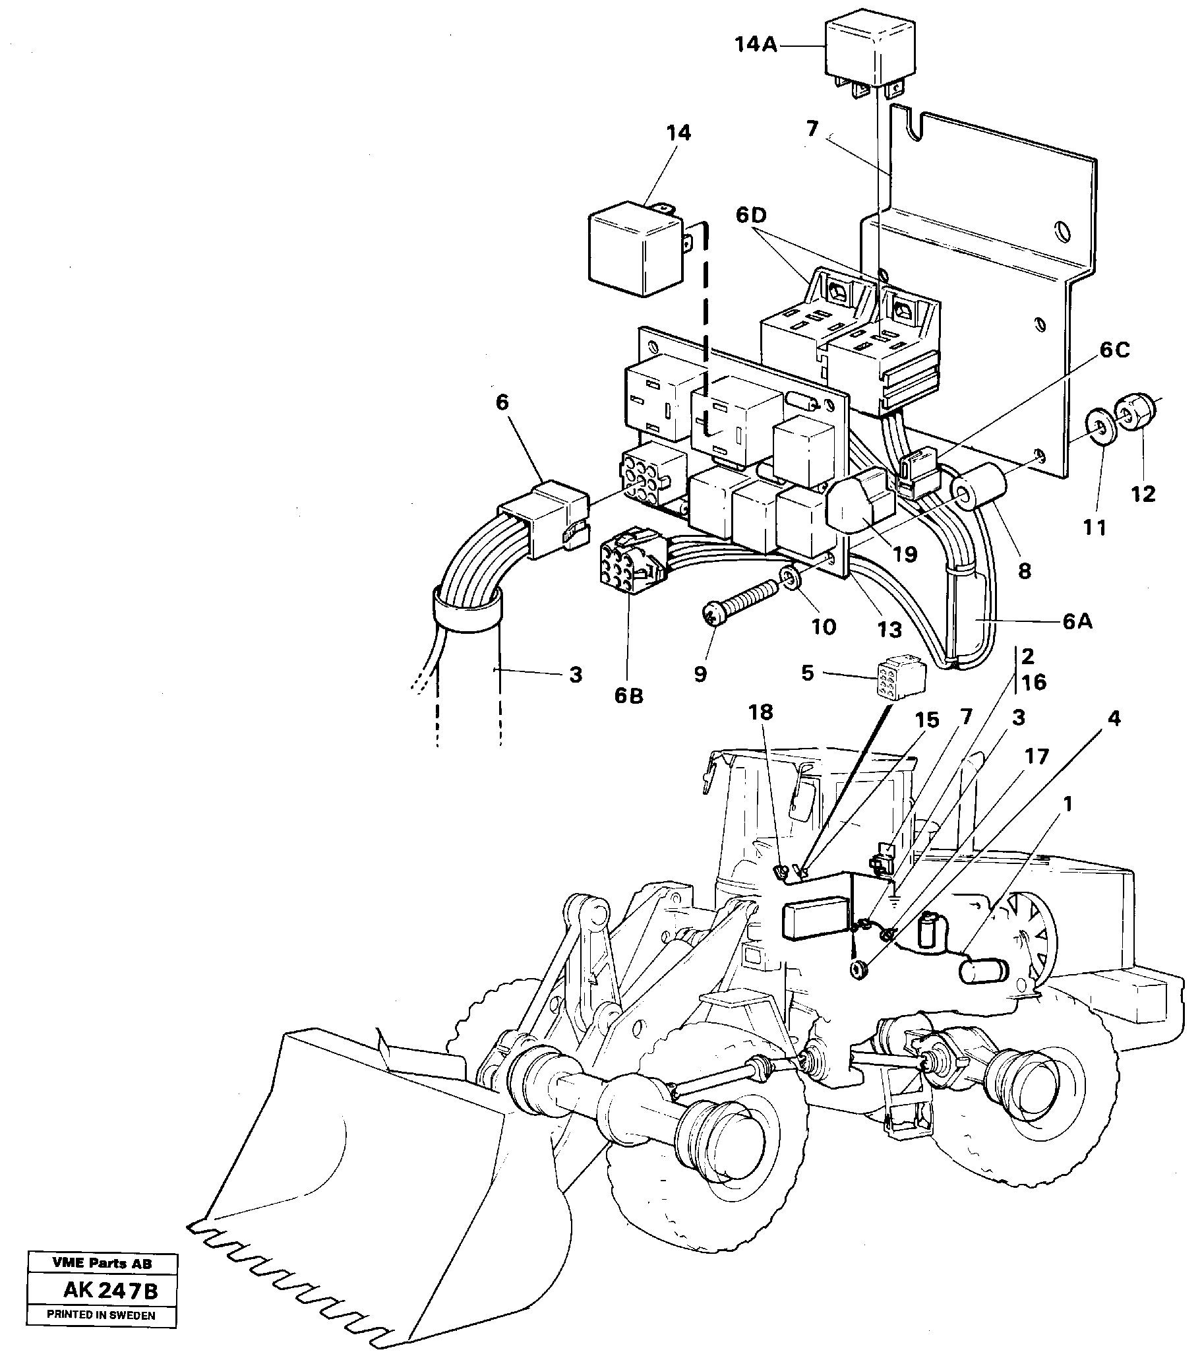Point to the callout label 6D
click(750, 216)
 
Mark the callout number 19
click(905, 553)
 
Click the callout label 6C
click(1114, 350)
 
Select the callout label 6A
click(1077, 622)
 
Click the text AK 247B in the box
click(110, 1291)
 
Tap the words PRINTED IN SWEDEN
click(101, 1316)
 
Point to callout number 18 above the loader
click(761, 712)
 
